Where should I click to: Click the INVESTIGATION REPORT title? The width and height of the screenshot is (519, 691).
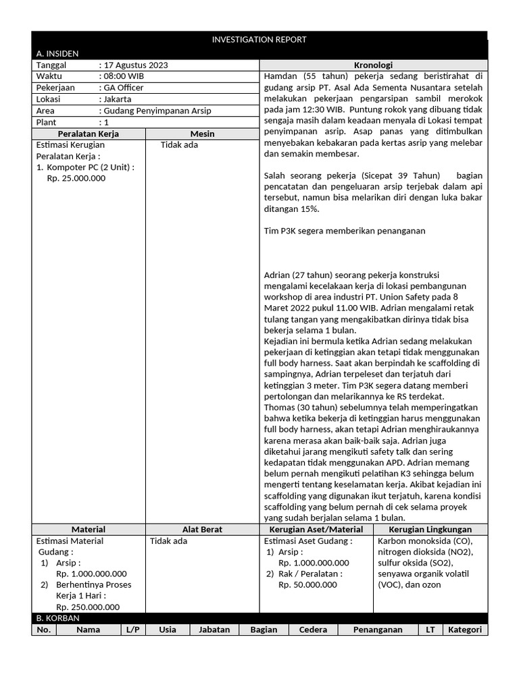click(x=259, y=39)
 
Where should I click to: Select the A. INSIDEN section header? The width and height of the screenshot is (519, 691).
click(x=57, y=53)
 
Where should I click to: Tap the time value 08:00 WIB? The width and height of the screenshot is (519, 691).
click(x=124, y=76)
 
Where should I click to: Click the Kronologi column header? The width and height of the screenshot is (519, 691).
click(x=373, y=65)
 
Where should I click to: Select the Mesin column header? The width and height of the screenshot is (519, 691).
click(x=202, y=134)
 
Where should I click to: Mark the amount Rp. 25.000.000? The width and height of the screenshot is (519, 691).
click(x=76, y=178)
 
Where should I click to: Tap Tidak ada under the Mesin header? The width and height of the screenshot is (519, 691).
click(x=180, y=144)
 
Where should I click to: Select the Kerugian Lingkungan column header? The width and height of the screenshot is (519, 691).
click(x=430, y=529)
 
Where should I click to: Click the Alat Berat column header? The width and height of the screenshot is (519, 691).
click(x=202, y=529)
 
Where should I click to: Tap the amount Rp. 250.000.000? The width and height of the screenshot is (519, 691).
click(x=88, y=607)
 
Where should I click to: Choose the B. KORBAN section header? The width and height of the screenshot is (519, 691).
click(x=57, y=617)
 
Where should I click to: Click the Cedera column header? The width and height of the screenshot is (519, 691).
click(x=313, y=630)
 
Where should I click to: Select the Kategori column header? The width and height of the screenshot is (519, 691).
click(x=466, y=630)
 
